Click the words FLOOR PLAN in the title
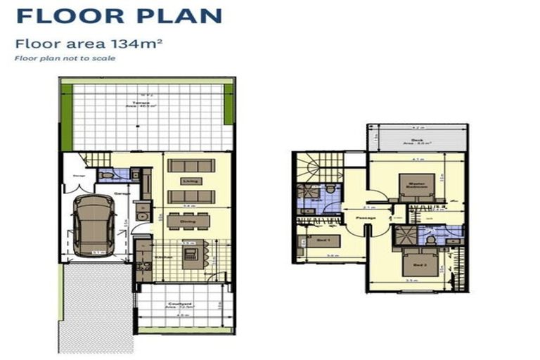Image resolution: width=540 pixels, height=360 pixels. tap(118, 15)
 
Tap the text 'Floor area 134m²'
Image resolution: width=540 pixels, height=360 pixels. tap(89, 44)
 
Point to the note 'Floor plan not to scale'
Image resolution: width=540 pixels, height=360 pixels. tap(65, 58)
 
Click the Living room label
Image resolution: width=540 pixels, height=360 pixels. tap(189, 181)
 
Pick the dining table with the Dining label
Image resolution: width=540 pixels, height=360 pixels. tap(188, 221)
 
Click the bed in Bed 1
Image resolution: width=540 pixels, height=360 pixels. tap(324, 241)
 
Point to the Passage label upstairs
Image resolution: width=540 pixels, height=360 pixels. tap(366, 218)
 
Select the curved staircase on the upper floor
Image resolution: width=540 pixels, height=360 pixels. tap(309, 167)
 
